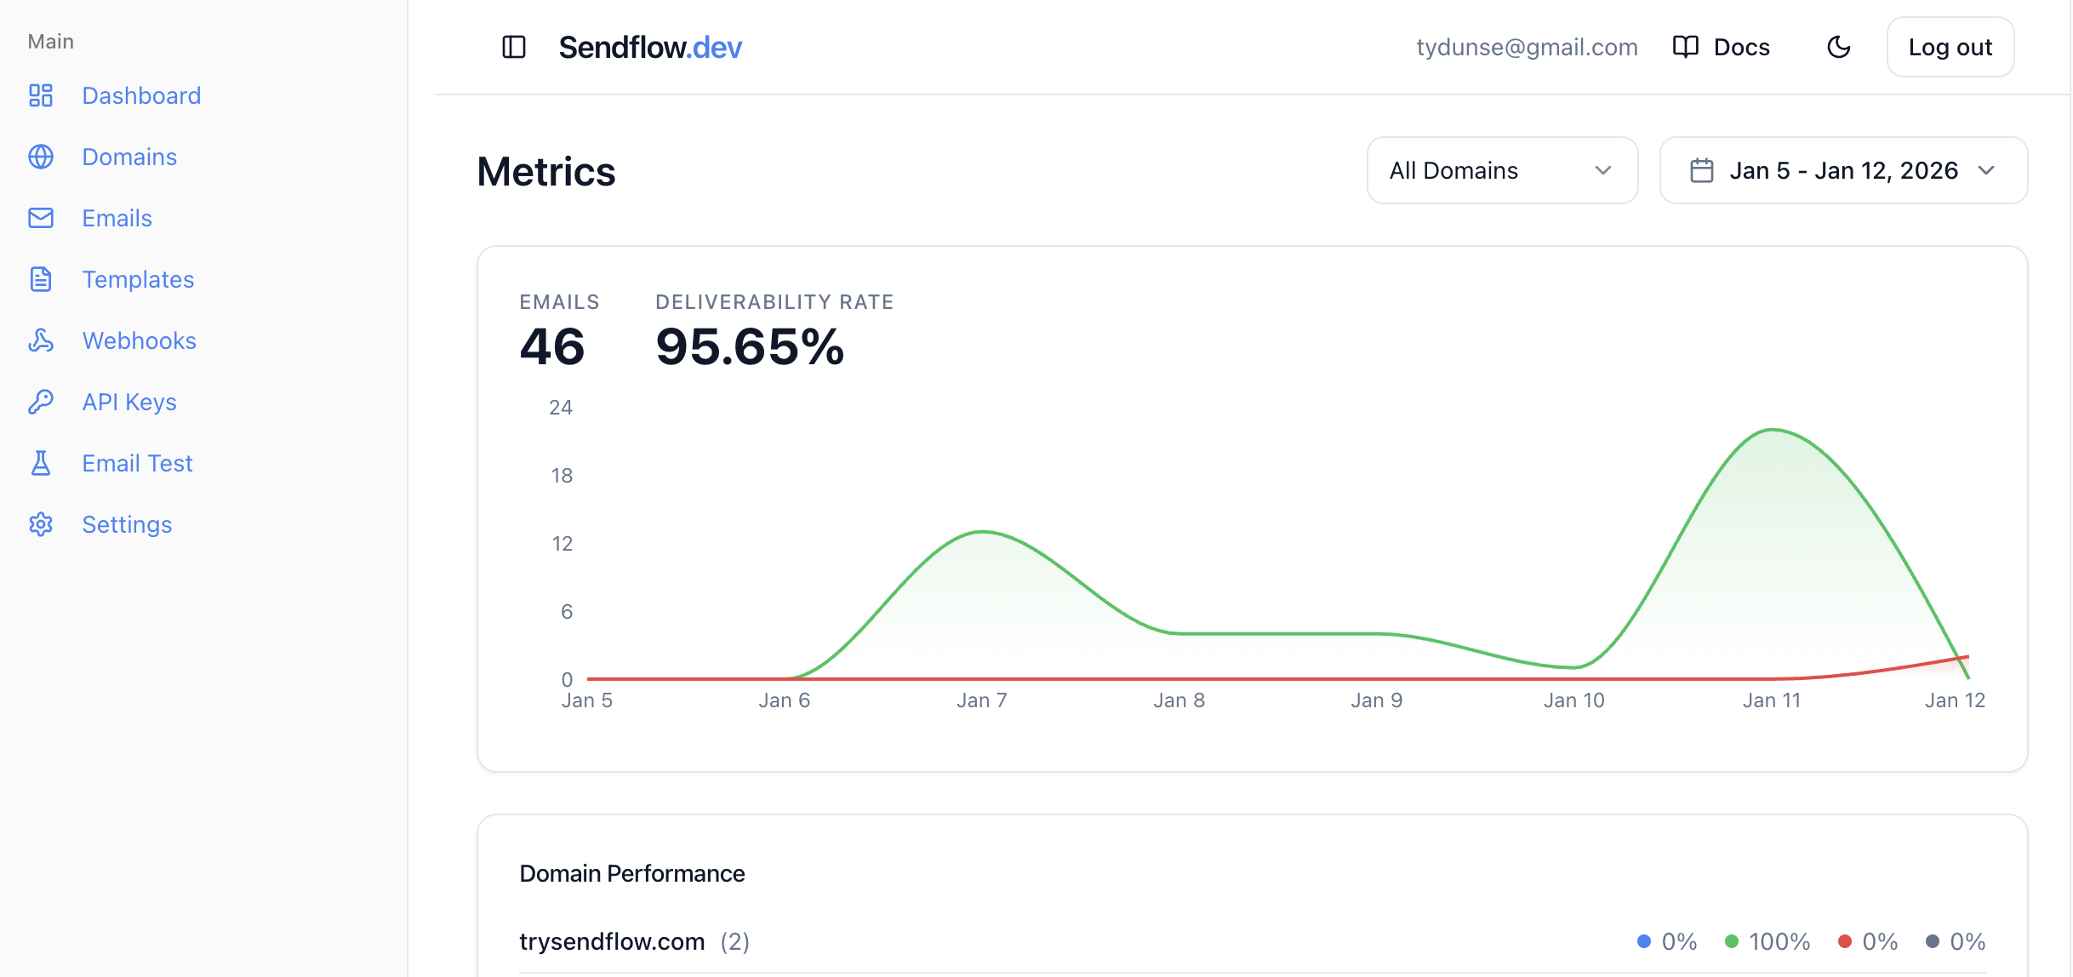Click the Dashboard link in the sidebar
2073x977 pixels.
click(140, 95)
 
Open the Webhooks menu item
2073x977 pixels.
click(139, 340)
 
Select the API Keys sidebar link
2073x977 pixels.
click(128, 402)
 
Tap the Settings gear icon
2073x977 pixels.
click(41, 524)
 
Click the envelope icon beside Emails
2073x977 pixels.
click(41, 218)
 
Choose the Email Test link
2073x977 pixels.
click(137, 463)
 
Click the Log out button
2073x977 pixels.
click(1950, 47)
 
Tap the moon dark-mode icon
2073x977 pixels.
click(1839, 47)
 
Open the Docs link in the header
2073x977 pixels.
click(1722, 47)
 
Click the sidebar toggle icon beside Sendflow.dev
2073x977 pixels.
click(514, 47)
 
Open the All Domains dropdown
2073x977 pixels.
click(1502, 170)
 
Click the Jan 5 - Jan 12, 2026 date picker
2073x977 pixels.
click(1843, 170)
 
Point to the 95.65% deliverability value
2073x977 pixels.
click(750, 347)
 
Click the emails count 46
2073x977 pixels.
click(552, 347)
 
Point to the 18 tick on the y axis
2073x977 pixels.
click(562, 476)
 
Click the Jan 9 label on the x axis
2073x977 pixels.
click(1376, 700)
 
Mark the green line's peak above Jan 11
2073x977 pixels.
click(1773, 430)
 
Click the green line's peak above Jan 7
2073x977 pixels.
click(983, 532)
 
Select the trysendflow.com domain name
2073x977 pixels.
click(612, 941)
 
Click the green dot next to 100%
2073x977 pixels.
click(1731, 941)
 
